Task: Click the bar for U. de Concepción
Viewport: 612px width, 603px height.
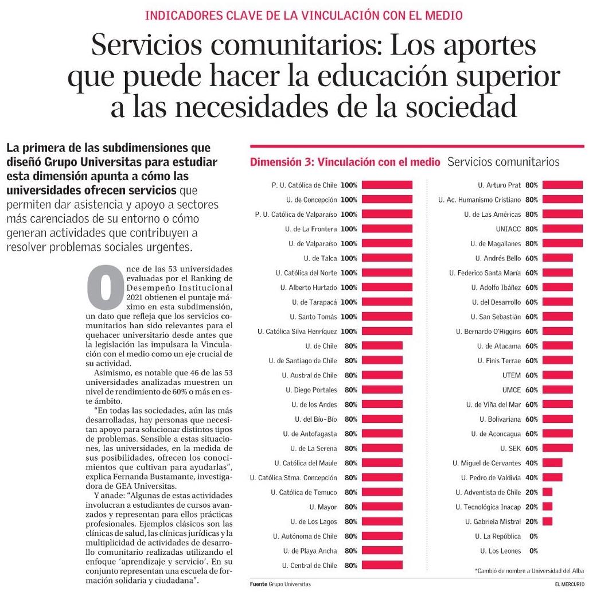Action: point(387,200)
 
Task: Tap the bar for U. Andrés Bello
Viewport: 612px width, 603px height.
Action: point(558,258)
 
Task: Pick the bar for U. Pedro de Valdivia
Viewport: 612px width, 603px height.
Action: point(552,477)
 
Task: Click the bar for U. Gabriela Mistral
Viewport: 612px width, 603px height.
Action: point(547,522)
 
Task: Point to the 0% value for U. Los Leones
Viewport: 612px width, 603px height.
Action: point(533,551)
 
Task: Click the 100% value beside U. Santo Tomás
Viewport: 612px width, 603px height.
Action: point(349,317)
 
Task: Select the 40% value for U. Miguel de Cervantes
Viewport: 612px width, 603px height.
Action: point(531,463)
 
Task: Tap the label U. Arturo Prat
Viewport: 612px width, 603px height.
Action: point(499,185)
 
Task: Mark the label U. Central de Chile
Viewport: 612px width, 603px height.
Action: point(309,565)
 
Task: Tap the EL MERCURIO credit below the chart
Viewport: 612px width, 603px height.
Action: point(569,585)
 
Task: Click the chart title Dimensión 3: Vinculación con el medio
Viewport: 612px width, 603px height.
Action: point(345,162)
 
